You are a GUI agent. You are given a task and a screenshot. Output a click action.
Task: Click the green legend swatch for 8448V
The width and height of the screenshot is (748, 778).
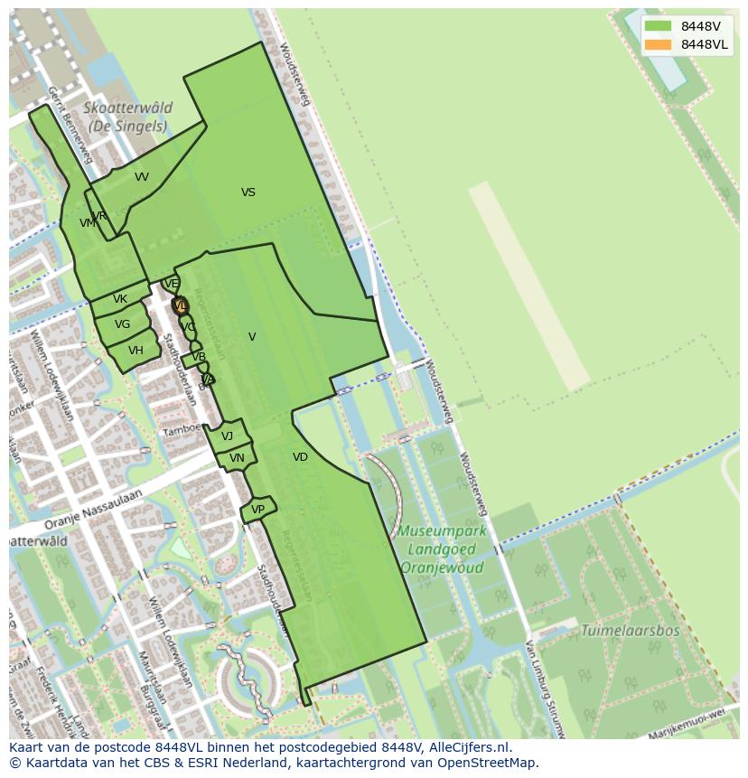coord(659,26)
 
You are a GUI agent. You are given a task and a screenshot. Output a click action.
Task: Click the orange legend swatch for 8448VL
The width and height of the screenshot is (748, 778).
coord(659,44)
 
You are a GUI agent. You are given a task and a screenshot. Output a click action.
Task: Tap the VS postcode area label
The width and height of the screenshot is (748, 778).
coord(248,192)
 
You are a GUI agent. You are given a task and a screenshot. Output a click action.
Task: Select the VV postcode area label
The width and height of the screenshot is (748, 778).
coord(142,177)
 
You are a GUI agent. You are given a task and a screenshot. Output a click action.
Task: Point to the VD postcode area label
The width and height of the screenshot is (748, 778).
coord(300,457)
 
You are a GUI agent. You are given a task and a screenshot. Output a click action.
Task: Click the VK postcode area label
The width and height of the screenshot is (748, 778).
coord(120,299)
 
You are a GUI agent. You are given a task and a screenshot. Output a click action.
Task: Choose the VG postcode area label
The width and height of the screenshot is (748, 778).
coord(122,324)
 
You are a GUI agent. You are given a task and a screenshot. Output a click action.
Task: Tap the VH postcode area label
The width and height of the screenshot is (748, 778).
coord(136,351)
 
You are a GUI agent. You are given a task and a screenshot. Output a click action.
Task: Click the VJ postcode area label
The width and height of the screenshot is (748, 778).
coord(227,436)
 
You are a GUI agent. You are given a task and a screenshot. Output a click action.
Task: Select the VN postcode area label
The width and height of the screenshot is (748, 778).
coord(237,458)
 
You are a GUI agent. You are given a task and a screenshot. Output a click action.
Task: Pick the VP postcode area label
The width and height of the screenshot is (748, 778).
coord(257,510)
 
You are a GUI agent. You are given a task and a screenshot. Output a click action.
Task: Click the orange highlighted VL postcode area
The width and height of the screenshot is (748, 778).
coord(180,305)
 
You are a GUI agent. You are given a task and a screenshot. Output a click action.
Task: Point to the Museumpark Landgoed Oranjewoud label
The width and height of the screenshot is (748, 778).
coord(443,549)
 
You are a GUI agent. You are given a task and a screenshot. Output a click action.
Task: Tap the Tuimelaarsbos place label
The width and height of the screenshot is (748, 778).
coord(630,631)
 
